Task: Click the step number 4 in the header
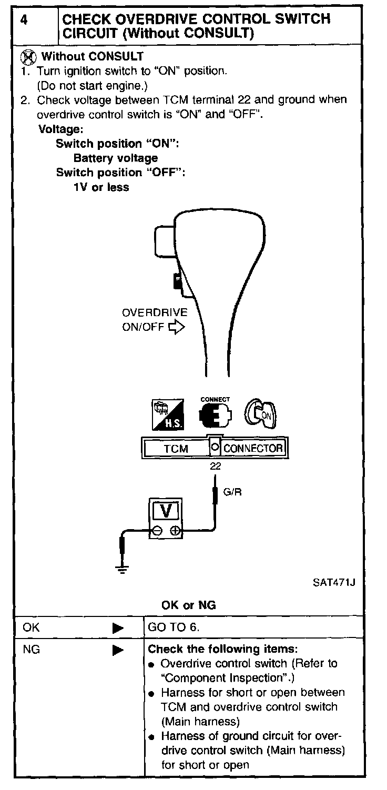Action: click(x=24, y=20)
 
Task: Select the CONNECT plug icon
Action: click(x=215, y=414)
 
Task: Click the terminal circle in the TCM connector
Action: click(x=215, y=448)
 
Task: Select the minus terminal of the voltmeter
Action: click(x=157, y=532)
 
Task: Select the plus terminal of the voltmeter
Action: click(x=175, y=532)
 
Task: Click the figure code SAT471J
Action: click(x=331, y=583)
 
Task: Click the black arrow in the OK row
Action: click(x=118, y=628)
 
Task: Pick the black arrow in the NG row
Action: click(x=118, y=650)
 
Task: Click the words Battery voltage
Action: click(x=116, y=158)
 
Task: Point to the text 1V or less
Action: click(x=101, y=187)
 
